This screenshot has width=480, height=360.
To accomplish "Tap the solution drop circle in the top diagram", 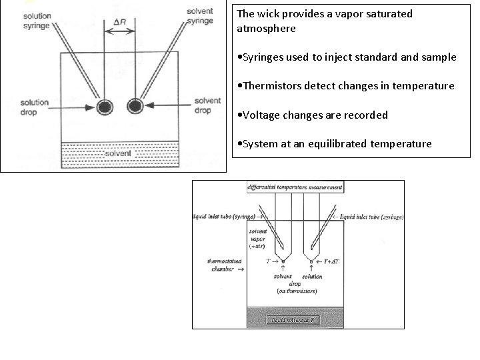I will pos(105,106).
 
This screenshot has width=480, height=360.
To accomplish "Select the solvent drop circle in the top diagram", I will pos(136,106).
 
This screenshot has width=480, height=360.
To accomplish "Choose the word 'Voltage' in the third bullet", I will pos(261,115).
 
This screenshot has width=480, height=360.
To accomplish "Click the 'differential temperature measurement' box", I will pos(295,187).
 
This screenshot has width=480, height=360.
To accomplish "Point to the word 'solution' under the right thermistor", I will pos(313,276).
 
